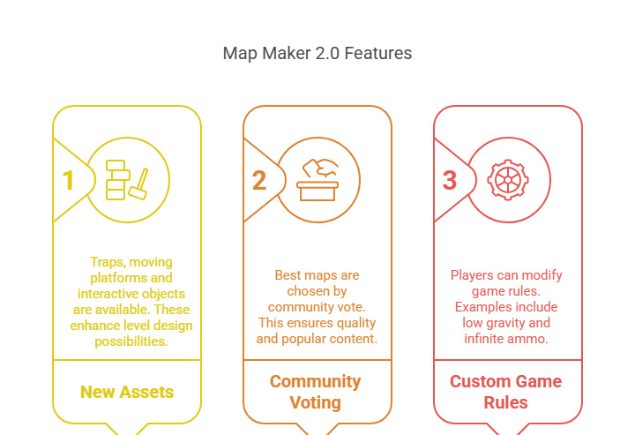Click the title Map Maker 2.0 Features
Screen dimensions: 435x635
pyautogui.click(x=317, y=53)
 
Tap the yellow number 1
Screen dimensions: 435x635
pyautogui.click(x=68, y=180)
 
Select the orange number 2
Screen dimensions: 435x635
pyautogui.click(x=258, y=180)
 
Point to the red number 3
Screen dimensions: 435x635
pyautogui.click(x=449, y=180)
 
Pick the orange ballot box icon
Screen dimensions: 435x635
pyautogui.click(x=317, y=179)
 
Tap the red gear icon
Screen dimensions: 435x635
pyautogui.click(x=508, y=180)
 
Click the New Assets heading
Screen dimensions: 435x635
pyautogui.click(x=127, y=392)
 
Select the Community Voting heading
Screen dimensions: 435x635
pyautogui.click(x=316, y=392)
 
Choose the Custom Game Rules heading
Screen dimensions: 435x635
pyautogui.click(x=506, y=392)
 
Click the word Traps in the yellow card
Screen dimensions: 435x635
pyautogui.click(x=108, y=262)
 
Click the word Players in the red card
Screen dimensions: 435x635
pyautogui.click(x=474, y=275)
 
